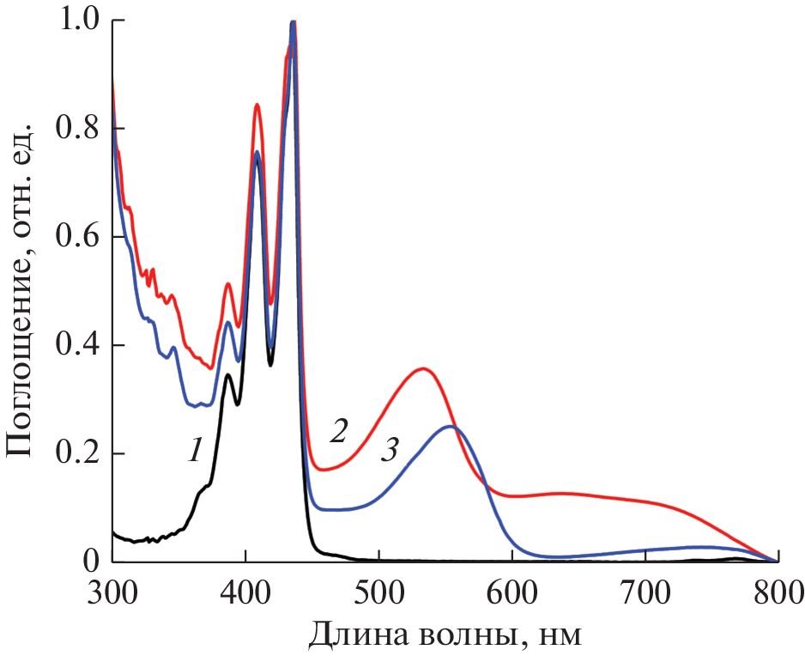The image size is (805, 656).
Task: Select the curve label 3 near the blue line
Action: (x=390, y=449)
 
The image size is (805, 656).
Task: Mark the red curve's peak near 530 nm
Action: (x=423, y=368)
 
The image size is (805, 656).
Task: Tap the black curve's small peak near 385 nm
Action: (x=227, y=374)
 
